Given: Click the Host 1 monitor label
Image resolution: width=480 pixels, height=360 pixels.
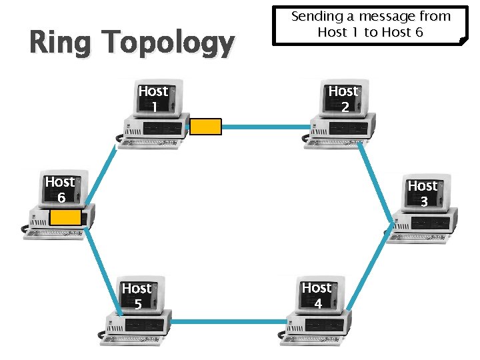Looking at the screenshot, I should pos(153,99).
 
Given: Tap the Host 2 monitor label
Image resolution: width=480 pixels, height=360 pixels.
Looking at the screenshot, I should pos(343,98).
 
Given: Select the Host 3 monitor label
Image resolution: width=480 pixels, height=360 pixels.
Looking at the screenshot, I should pos(423,193).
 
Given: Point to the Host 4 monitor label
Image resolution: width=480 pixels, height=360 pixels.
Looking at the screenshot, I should pos(317,295).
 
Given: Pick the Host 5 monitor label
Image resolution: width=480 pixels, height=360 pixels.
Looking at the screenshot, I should pos(137,296).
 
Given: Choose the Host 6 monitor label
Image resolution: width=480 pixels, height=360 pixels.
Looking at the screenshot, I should pos(60,189).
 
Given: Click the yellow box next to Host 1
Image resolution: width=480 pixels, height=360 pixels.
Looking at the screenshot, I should pos(205,127).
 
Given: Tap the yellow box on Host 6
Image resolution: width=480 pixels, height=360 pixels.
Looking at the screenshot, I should pos(65,218).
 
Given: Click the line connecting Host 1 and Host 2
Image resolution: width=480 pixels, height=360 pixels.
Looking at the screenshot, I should pos(267,125).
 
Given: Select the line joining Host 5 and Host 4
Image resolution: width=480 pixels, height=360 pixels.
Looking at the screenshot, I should pos(230,323).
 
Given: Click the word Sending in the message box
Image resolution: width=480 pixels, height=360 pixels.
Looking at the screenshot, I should pos(314,16).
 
